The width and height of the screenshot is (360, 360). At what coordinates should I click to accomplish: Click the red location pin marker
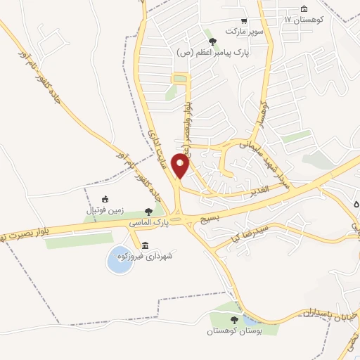(181, 166)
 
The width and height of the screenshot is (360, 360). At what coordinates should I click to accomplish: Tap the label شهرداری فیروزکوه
(150, 257)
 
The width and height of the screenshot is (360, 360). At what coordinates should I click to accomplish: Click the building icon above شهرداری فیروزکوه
(145, 245)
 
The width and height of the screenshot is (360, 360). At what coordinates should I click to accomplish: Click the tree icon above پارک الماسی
(148, 211)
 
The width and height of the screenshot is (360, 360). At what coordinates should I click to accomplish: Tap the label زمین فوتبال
(104, 210)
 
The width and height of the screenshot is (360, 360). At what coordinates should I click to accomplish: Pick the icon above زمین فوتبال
(105, 199)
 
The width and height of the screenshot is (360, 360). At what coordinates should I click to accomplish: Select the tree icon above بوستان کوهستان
(234, 320)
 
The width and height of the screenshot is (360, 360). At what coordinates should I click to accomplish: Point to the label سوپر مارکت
(243, 32)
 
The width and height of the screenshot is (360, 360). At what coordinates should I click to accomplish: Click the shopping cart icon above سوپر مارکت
(243, 22)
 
